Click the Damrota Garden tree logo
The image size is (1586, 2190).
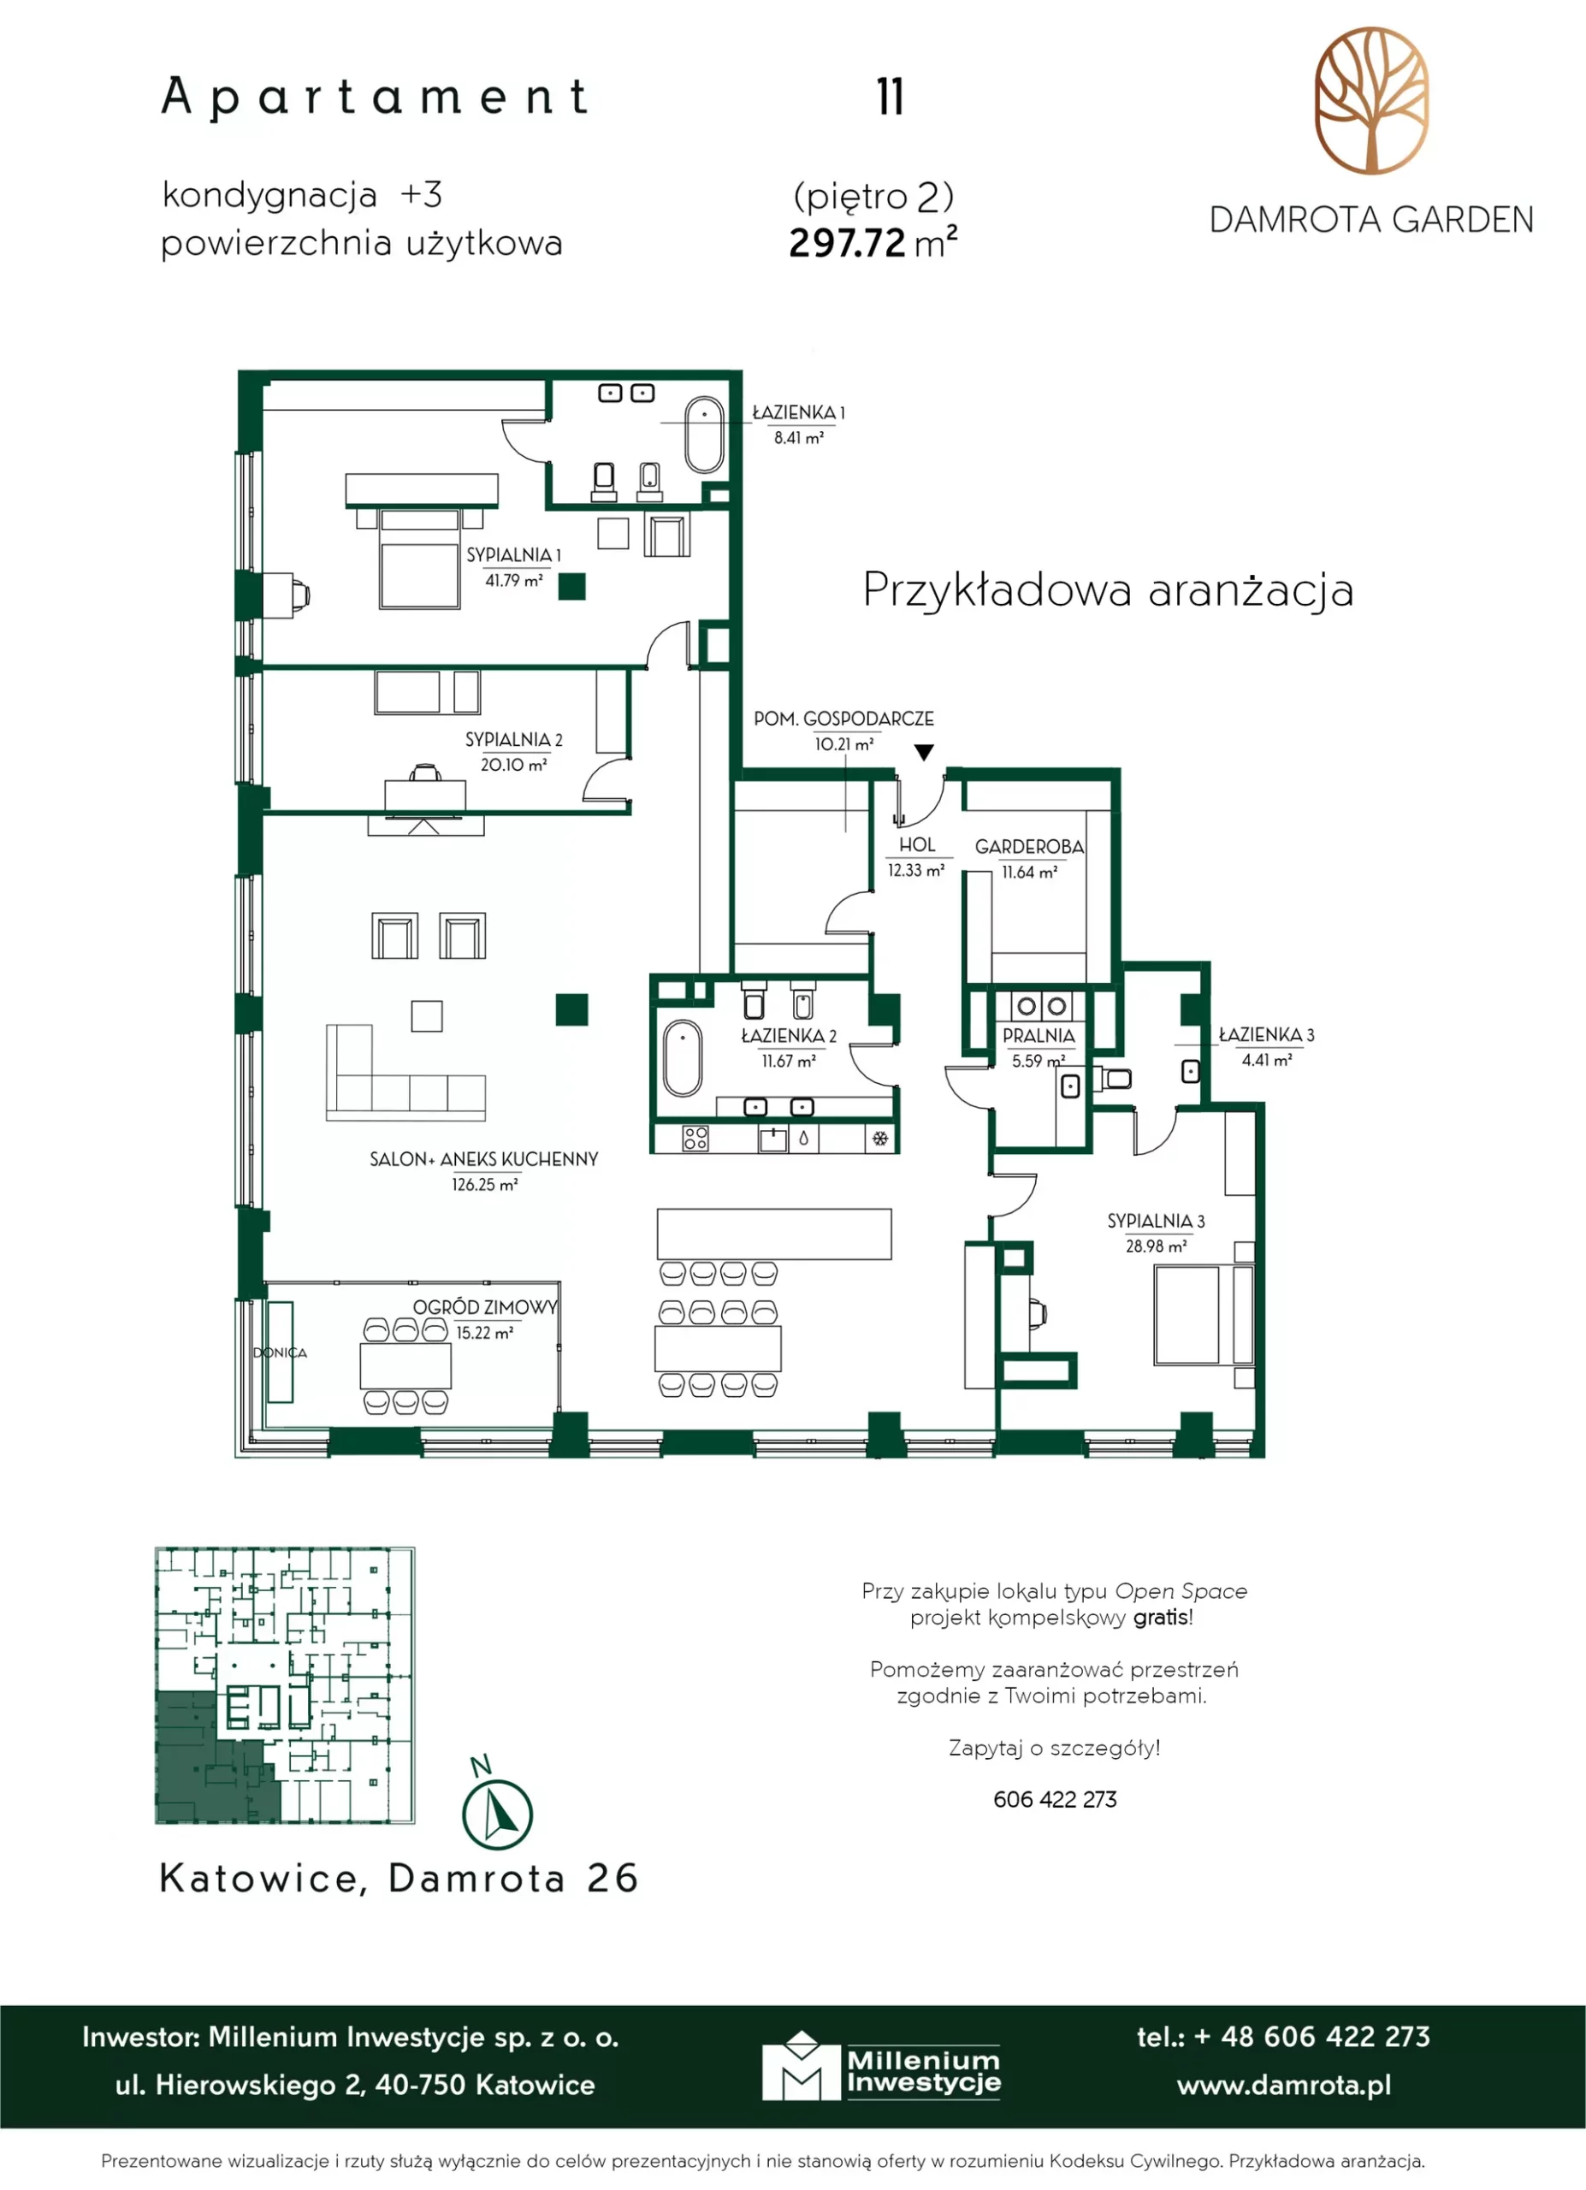pyautogui.click(x=1371, y=100)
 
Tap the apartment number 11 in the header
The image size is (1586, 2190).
pyautogui.click(x=890, y=97)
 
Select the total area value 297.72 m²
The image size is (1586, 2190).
pyautogui.click(x=873, y=242)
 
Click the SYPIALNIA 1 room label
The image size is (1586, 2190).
pyautogui.click(x=512, y=555)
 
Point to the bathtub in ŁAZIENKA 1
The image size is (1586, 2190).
pyautogui.click(x=705, y=435)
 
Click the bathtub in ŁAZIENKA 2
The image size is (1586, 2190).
pyautogui.click(x=683, y=1057)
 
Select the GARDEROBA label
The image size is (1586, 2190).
pyautogui.click(x=1029, y=847)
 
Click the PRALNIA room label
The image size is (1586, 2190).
pyautogui.click(x=1039, y=1036)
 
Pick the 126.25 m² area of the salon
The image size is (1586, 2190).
pyautogui.click(x=484, y=1185)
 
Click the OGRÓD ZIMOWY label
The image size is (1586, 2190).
pyautogui.click(x=486, y=1307)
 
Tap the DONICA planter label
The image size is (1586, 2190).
pyautogui.click(x=280, y=1352)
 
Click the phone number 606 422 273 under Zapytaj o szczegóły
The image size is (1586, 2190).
pyautogui.click(x=1055, y=1799)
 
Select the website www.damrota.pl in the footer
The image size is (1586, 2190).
pyautogui.click(x=1284, y=2085)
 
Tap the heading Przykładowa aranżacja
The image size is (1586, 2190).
pyautogui.click(x=1108, y=590)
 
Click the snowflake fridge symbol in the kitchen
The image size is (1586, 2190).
pyautogui.click(x=880, y=1139)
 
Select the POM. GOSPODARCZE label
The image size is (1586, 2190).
pyautogui.click(x=843, y=719)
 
